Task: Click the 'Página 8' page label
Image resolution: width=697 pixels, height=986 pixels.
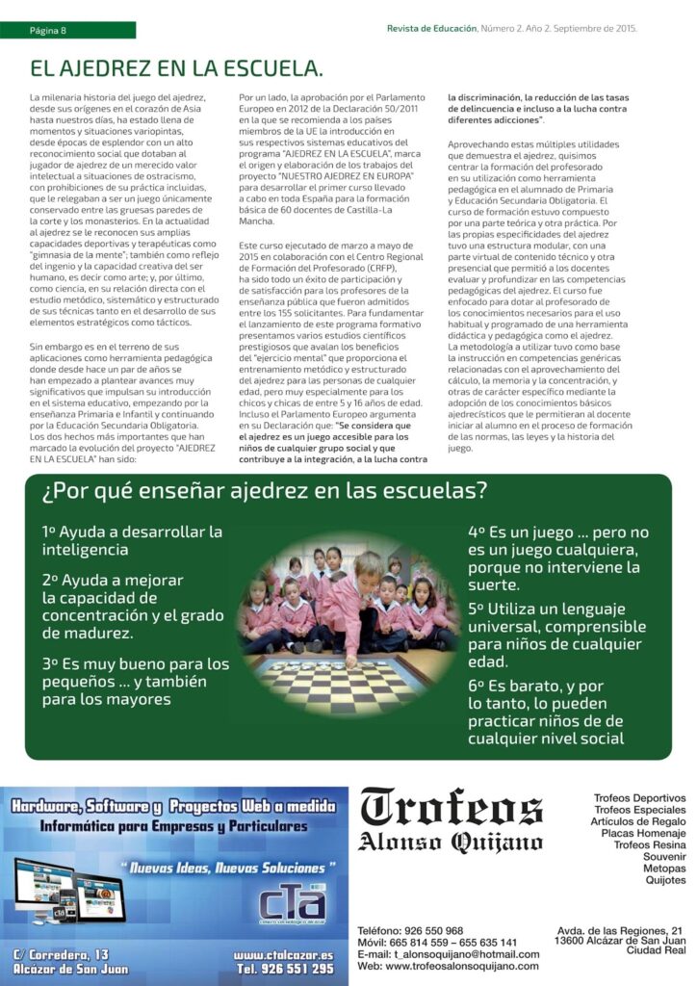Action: tap(48, 30)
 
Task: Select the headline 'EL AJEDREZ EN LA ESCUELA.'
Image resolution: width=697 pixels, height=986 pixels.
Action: tap(176, 69)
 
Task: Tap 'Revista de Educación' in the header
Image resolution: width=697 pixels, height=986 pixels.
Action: tap(431, 28)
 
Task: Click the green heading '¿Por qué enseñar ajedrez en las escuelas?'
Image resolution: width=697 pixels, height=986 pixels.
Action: tap(265, 491)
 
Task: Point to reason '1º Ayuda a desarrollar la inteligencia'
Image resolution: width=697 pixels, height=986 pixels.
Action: tap(132, 540)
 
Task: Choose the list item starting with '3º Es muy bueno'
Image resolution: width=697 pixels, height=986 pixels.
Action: tap(136, 681)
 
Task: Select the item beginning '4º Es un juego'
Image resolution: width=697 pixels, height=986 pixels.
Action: tap(558, 558)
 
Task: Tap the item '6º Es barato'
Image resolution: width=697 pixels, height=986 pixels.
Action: tap(546, 712)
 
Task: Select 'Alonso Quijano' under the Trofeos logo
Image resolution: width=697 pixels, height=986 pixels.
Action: tap(451, 843)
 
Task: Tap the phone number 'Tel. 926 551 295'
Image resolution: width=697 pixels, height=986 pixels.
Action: tap(286, 969)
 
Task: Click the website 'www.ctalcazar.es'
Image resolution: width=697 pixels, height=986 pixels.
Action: tap(283, 954)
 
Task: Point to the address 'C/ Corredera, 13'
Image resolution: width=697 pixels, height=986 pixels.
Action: tap(63, 954)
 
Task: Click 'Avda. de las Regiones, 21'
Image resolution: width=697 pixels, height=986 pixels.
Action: tap(621, 930)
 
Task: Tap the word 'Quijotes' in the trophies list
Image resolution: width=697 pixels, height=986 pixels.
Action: tap(665, 880)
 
